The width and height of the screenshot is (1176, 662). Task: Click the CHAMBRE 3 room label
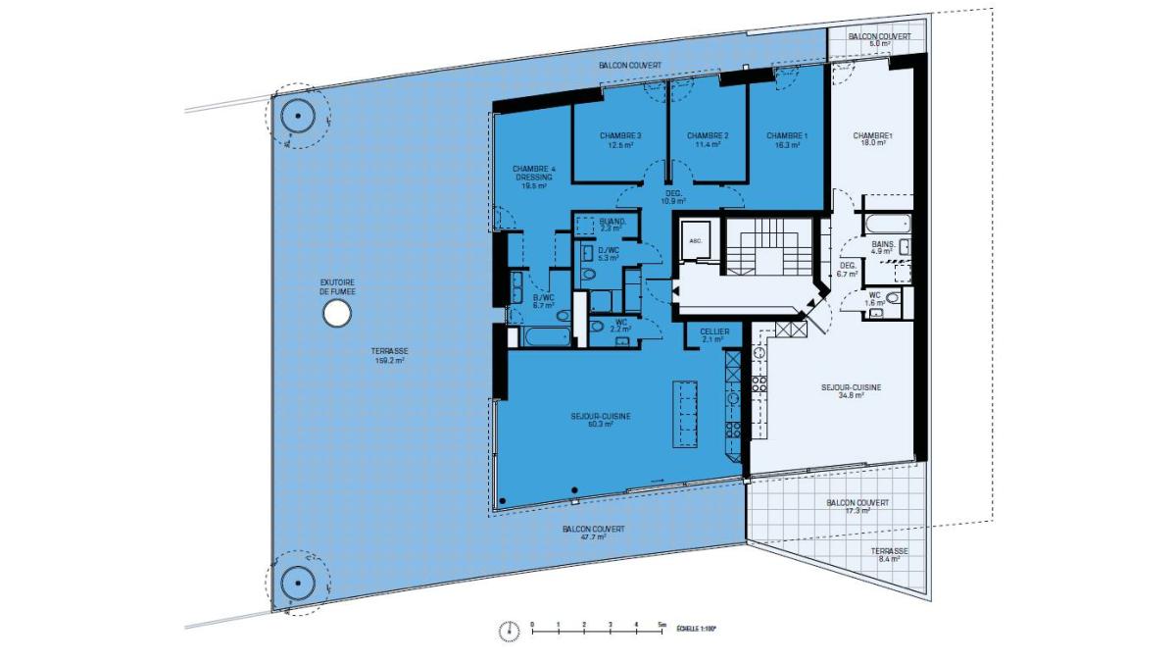tap(619, 140)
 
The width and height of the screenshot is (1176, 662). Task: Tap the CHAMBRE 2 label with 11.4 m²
tap(707, 140)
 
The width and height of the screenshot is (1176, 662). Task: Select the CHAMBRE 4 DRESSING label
tap(534, 177)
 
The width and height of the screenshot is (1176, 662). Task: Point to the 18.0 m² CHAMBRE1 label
tap(871, 139)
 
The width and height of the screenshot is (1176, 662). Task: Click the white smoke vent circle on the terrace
tap(336, 314)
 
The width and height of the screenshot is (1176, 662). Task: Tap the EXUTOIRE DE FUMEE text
tap(336, 286)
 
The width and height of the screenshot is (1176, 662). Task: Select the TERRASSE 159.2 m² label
tap(389, 356)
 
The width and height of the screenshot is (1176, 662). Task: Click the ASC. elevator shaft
tap(697, 240)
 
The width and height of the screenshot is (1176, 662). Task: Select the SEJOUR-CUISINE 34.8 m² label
tap(851, 391)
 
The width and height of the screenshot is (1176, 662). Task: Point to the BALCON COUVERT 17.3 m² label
tap(857, 506)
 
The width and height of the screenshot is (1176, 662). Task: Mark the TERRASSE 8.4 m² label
tap(890, 556)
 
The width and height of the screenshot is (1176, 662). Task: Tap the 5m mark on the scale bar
tap(661, 625)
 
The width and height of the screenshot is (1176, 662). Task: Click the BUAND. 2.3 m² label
tap(611, 225)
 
